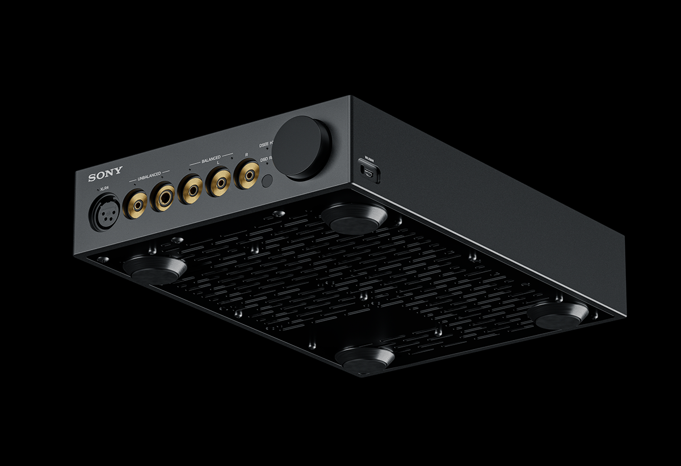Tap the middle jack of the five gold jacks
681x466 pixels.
click(191, 189)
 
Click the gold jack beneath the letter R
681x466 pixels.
click(247, 174)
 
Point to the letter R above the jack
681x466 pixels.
click(246, 154)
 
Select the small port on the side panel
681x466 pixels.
click(368, 171)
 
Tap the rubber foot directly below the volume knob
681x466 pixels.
click(354, 218)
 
